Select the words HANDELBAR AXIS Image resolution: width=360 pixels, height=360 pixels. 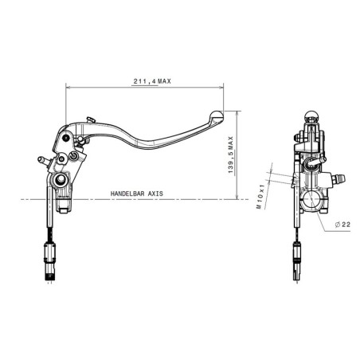pos(135,194)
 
